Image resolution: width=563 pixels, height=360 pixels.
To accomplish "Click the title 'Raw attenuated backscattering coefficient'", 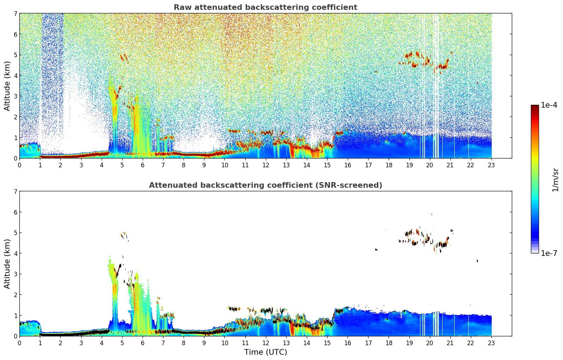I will pyautogui.click(x=265, y=7).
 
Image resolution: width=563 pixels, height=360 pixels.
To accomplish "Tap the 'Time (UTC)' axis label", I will pyautogui.click(x=265, y=352).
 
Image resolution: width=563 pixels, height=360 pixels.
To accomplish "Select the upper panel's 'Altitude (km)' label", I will pyautogui.click(x=7, y=86).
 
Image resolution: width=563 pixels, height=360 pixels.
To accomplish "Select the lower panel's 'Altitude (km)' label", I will pyautogui.click(x=7, y=264).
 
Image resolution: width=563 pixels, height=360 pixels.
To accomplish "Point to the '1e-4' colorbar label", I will pyautogui.click(x=549, y=105).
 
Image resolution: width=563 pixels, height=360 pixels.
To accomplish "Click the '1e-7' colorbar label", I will pyautogui.click(x=549, y=253).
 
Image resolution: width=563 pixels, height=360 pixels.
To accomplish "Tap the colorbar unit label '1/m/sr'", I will pyautogui.click(x=555, y=180).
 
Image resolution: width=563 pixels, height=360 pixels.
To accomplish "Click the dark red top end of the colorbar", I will pyautogui.click(x=534, y=107).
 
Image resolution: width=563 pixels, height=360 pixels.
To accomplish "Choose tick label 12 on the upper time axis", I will pyautogui.click(x=265, y=165).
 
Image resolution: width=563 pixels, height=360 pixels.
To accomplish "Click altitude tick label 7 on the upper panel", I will pyautogui.click(x=15, y=13).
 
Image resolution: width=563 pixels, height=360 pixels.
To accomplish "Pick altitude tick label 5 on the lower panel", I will pyautogui.click(x=15, y=233).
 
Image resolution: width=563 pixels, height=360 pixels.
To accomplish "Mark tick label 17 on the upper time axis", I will pyautogui.click(x=368, y=165).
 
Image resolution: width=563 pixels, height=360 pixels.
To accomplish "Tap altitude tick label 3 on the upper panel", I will pyautogui.click(x=15, y=96).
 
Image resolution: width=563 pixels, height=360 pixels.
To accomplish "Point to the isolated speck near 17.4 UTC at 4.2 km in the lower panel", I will pyautogui.click(x=376, y=250).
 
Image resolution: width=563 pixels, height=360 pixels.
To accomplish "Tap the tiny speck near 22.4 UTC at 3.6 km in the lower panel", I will pyautogui.click(x=477, y=261).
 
